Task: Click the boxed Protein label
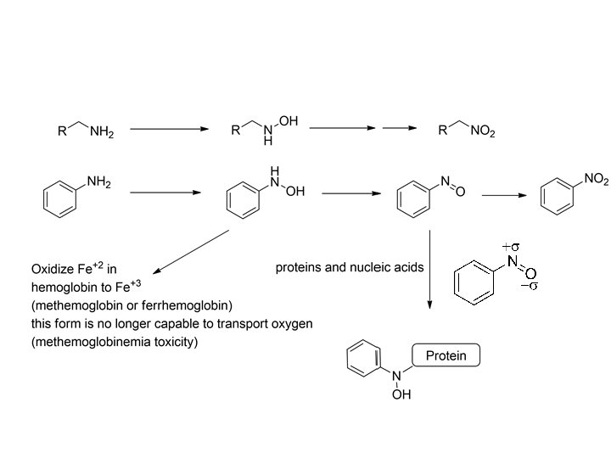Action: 446,355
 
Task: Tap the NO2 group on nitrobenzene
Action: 596,179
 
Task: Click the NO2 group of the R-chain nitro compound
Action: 480,131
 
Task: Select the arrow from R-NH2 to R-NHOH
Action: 169,129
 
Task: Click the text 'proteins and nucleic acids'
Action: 349,267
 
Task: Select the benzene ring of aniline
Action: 59,198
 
